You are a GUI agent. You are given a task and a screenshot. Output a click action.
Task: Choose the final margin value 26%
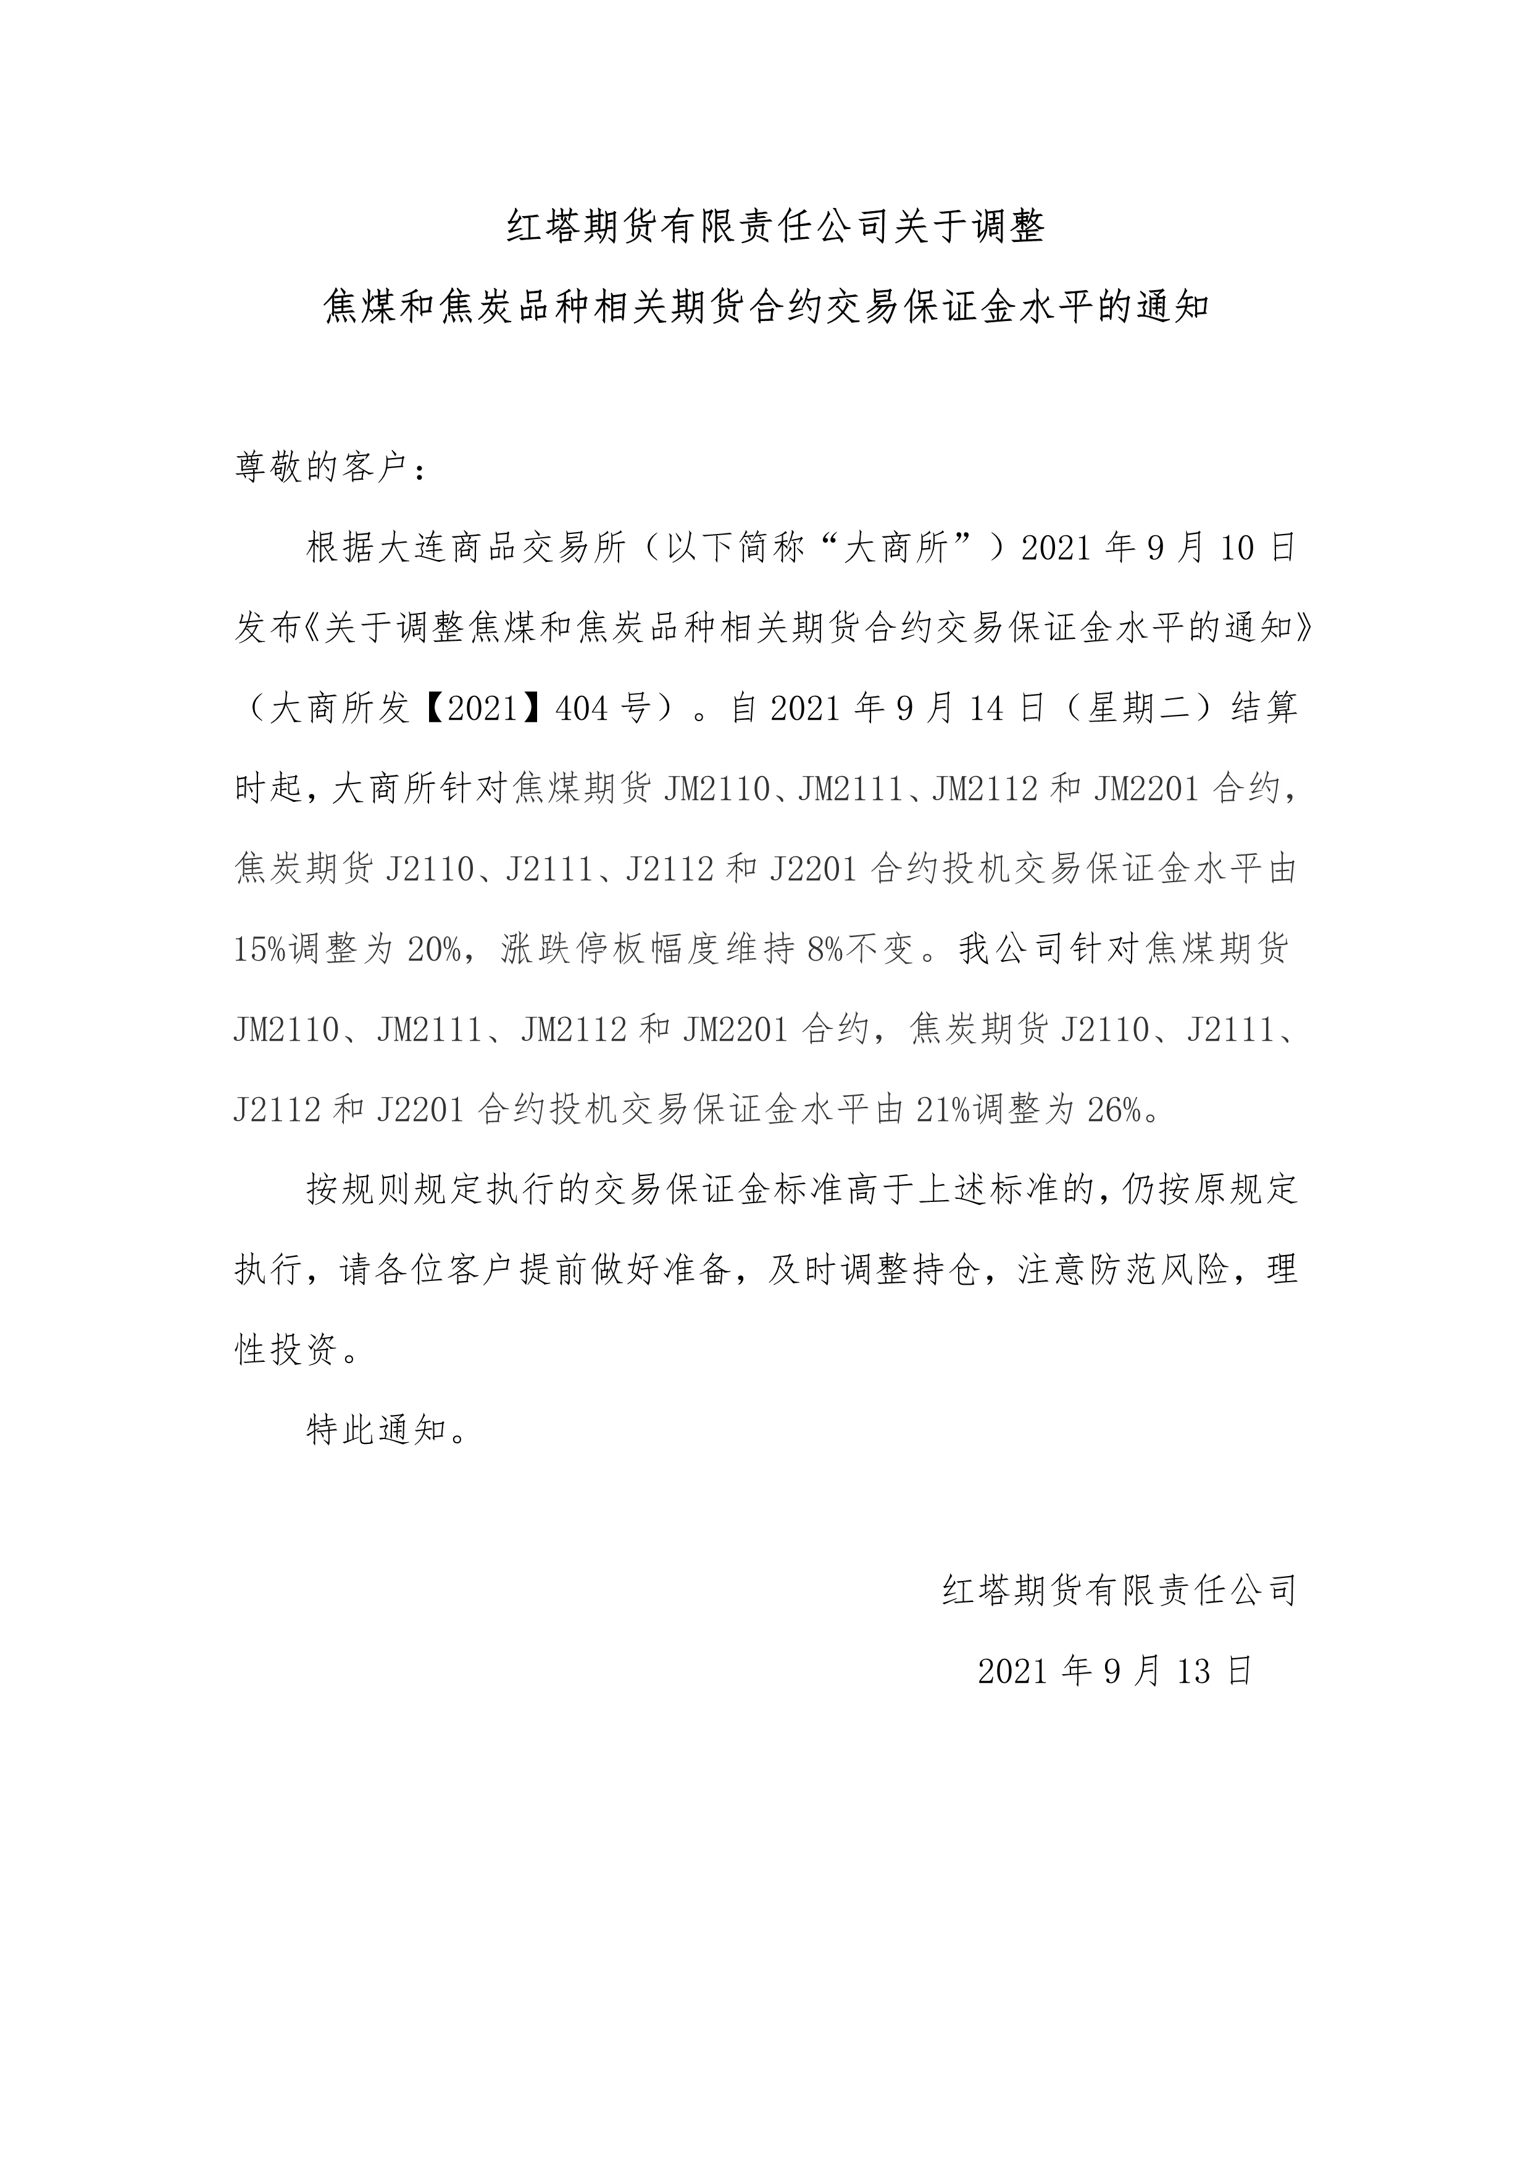(x=1116, y=1111)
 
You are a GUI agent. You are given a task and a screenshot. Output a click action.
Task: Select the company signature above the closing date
(x=1120, y=1591)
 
